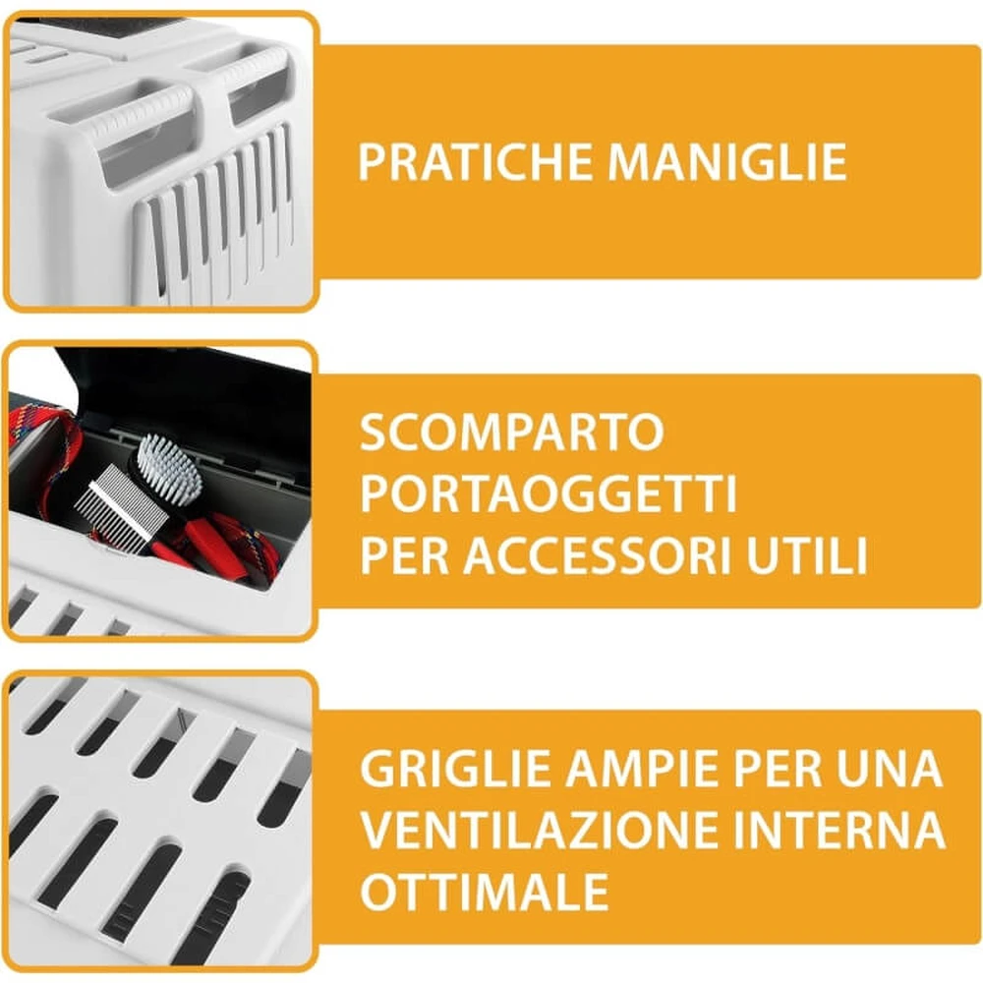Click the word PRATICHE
(x=475, y=162)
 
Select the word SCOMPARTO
(x=511, y=432)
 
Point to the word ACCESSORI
(x=597, y=554)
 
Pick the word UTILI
(x=807, y=554)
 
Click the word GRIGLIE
(x=455, y=769)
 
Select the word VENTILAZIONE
(x=539, y=830)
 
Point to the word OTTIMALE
(x=484, y=891)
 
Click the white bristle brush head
(x=169, y=465)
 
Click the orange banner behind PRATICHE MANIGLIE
(x=650, y=162)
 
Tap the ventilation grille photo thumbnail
(x=161, y=821)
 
